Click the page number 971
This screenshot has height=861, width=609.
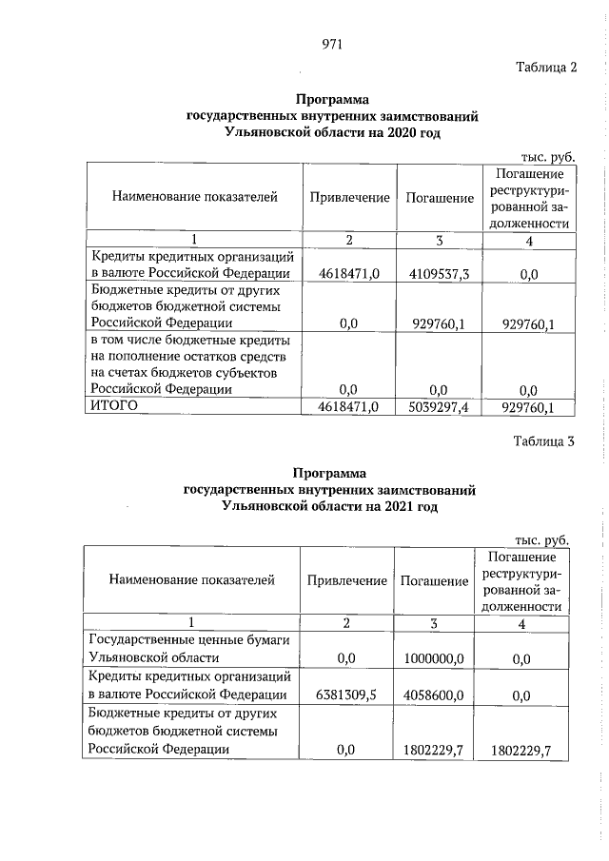332,44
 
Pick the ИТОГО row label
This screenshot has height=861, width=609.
114,406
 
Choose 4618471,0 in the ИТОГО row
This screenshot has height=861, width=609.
347,407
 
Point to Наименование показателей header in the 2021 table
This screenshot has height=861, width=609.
191,578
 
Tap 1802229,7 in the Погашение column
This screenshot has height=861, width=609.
433,751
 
